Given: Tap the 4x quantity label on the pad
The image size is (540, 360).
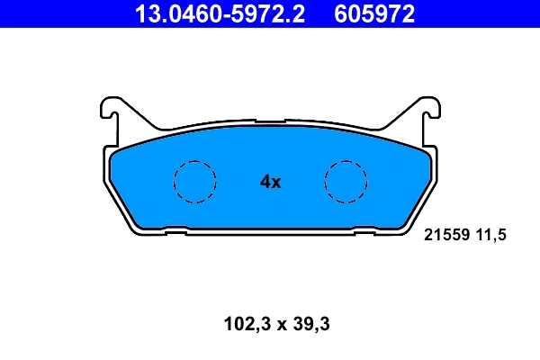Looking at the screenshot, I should tap(270, 182).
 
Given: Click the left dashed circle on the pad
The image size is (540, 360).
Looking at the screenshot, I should tap(194, 181).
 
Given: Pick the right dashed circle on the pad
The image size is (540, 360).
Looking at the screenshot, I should tap(346, 181).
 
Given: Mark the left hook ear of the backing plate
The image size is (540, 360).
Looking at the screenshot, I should tap(111, 112).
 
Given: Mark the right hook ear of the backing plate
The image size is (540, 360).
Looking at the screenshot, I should tap(429, 112).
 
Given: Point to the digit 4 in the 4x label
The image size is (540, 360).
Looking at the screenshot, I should tap(265, 182).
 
